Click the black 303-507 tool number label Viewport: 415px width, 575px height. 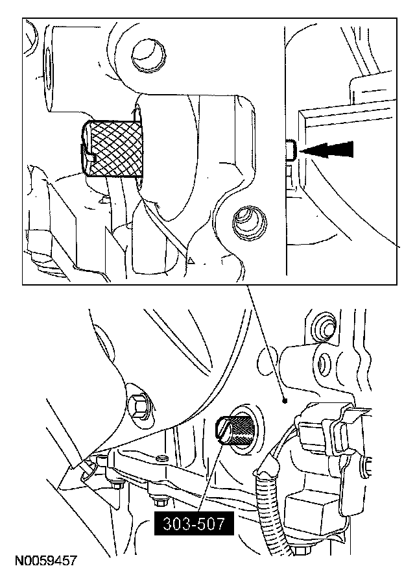[x=193, y=522]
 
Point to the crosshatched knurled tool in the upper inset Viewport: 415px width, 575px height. [x=117, y=149]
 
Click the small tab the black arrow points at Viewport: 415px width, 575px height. [x=291, y=150]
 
